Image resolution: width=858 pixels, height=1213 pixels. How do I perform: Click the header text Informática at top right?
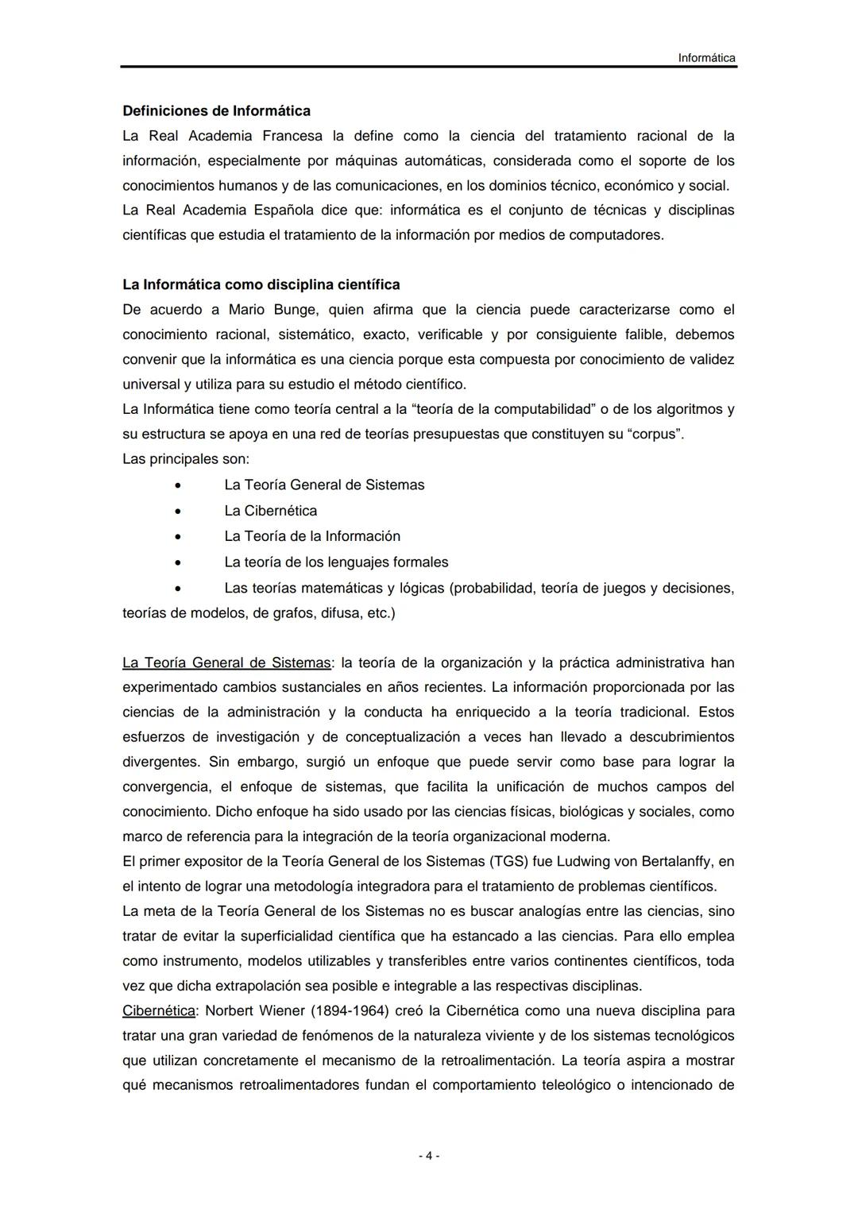[706, 58]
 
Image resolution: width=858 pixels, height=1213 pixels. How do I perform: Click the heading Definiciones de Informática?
[216, 110]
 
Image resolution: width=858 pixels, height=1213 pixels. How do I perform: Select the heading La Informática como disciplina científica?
[261, 284]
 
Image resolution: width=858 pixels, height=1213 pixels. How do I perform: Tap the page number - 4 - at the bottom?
[429, 1156]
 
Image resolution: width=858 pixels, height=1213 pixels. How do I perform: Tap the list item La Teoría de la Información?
[312, 536]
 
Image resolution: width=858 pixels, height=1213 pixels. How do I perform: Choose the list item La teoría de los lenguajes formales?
[336, 562]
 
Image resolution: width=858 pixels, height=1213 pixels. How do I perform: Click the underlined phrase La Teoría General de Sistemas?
[226, 663]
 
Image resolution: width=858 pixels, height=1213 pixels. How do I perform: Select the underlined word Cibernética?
[159, 1011]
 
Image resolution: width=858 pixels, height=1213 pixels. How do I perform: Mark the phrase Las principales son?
[186, 459]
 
